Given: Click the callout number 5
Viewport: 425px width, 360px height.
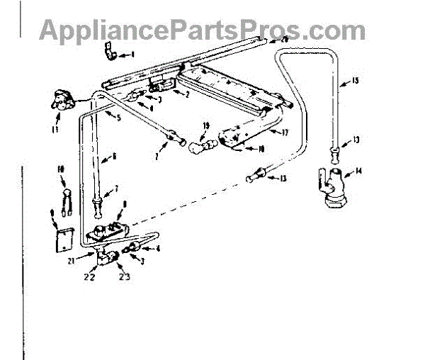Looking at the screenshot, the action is pos(118,118).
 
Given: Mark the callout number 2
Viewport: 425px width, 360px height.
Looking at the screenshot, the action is pos(186,94).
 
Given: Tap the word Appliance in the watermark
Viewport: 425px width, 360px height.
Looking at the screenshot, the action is pos(100,30).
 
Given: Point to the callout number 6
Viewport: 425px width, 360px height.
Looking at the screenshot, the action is pos(114,155).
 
